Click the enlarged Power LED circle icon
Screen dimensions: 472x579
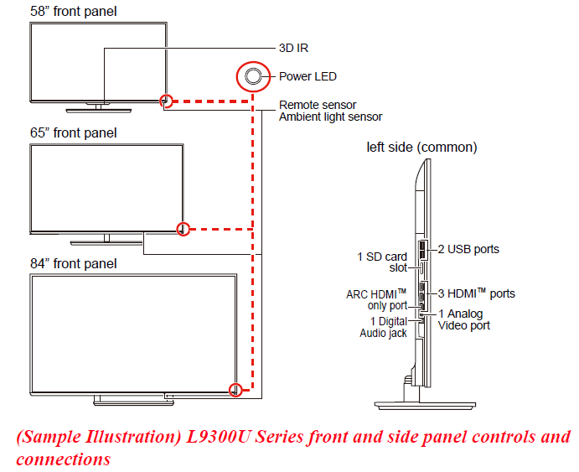click(x=254, y=77)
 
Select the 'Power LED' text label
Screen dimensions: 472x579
click(x=308, y=77)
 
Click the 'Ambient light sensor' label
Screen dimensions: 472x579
click(x=330, y=117)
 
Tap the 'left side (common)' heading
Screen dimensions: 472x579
click(x=421, y=148)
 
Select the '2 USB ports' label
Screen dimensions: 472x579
click(x=468, y=249)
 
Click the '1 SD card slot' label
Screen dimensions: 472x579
click(x=382, y=262)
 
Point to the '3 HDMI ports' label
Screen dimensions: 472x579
click(x=477, y=293)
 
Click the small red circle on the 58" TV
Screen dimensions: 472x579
click(x=167, y=101)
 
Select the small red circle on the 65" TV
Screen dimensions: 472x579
click(x=183, y=228)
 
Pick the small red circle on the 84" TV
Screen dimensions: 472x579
click(x=235, y=389)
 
